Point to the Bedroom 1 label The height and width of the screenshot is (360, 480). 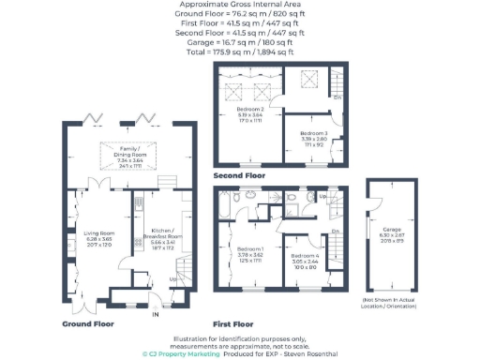[x=250, y=249]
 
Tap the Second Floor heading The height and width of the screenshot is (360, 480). [x=239, y=174]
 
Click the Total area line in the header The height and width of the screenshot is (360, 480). [x=239, y=51]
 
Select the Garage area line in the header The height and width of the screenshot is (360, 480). [x=239, y=41]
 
